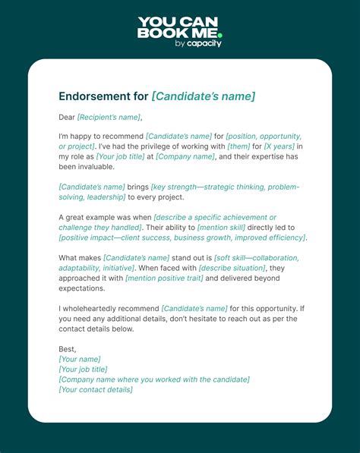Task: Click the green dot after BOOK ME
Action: click(219, 35)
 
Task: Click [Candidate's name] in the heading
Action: click(204, 96)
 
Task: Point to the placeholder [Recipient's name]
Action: click(109, 117)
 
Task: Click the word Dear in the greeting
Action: click(67, 117)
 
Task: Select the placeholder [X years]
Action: click(279, 146)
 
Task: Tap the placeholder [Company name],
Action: click(186, 156)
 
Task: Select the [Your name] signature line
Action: click(80, 359)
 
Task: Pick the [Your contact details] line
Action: click(96, 389)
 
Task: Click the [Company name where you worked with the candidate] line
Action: click(154, 379)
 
